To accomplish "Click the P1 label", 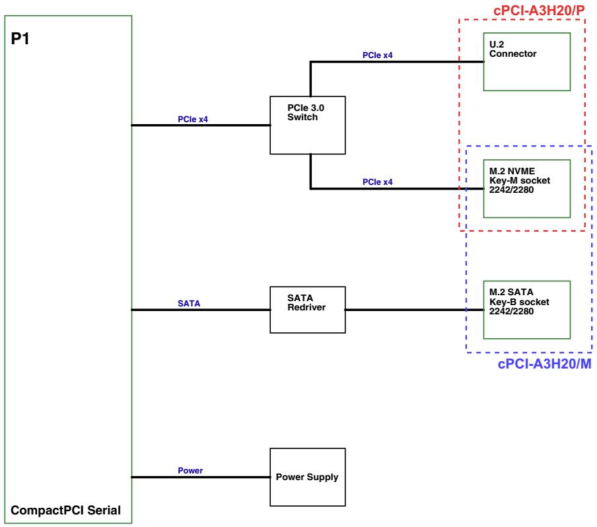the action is click(x=20, y=39).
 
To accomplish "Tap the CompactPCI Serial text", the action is click(x=65, y=510).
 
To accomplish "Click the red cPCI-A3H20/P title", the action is click(x=539, y=11).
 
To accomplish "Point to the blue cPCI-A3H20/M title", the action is click(x=544, y=364).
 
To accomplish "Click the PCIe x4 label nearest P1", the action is click(x=193, y=119).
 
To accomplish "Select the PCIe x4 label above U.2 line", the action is click(x=377, y=55).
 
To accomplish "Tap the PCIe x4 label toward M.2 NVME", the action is click(x=377, y=182).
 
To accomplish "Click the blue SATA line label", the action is click(x=189, y=304).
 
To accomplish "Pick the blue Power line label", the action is click(x=190, y=471).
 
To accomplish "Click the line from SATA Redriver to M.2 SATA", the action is click(x=414, y=310).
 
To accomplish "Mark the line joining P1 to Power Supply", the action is click(x=201, y=477).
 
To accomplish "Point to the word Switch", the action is click(x=302, y=118).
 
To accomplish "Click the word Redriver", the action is click(x=306, y=307).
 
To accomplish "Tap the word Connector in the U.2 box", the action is click(x=513, y=53).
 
